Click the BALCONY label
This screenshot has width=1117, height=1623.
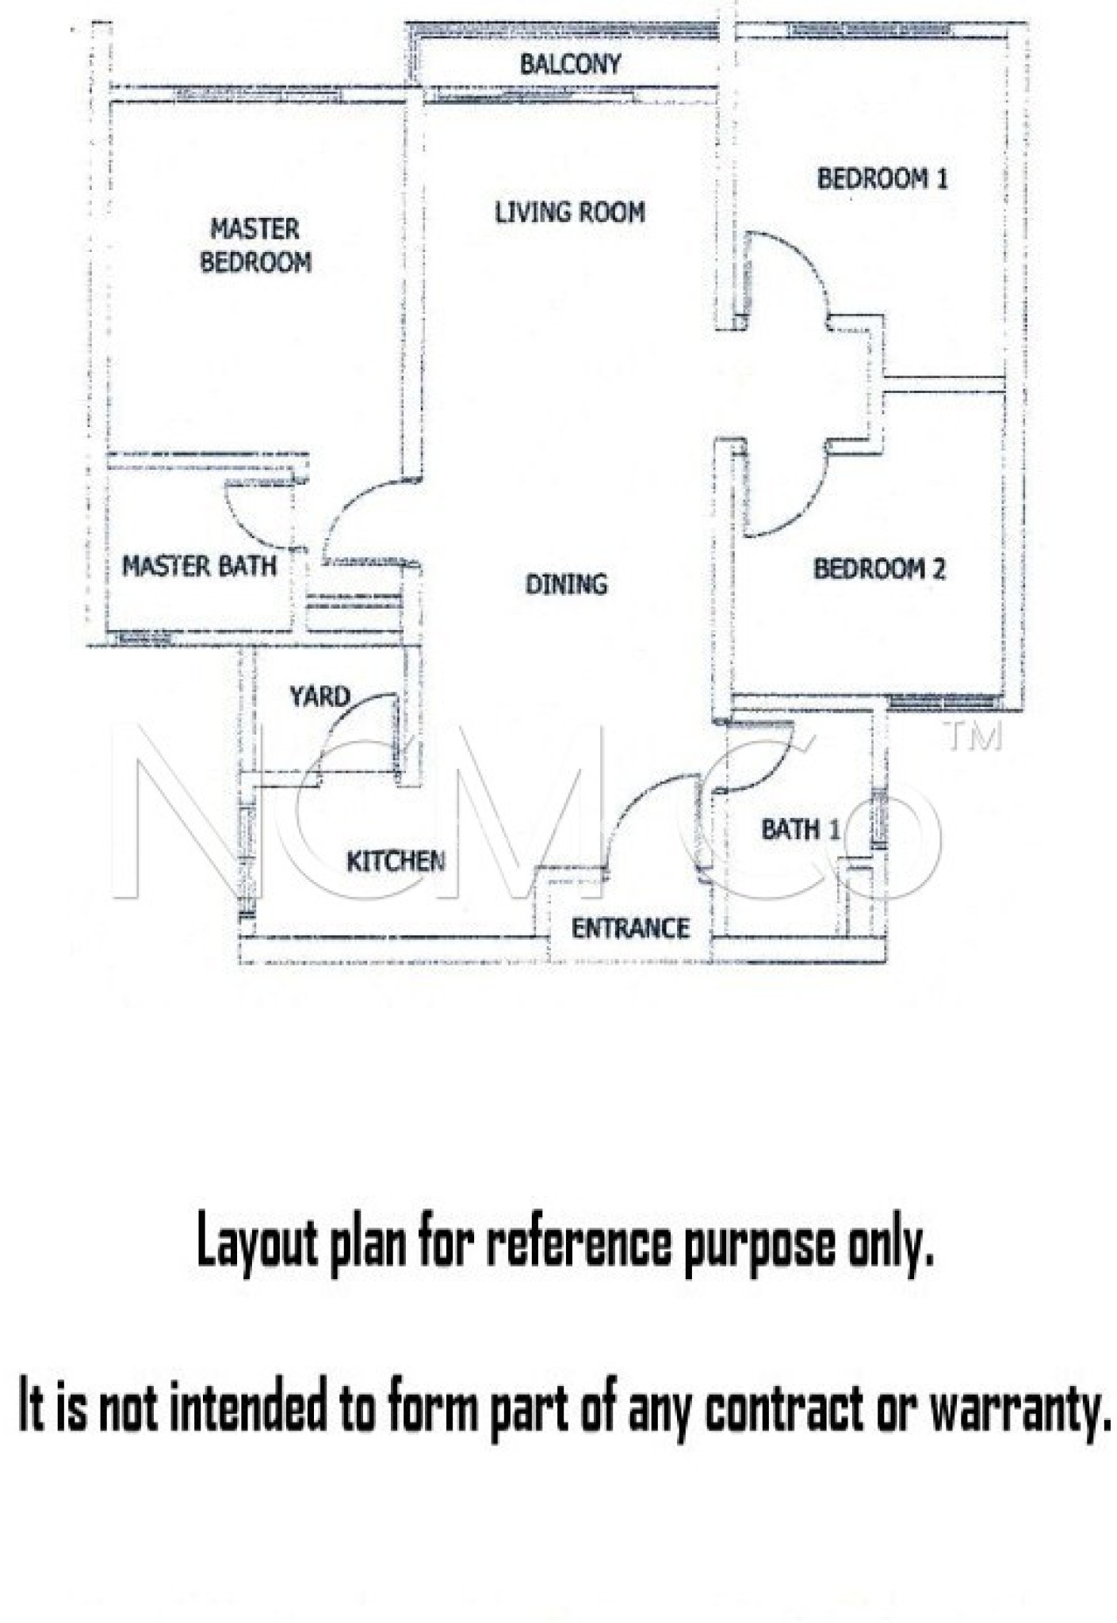pos(570,64)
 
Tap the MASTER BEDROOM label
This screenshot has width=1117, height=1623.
pos(255,246)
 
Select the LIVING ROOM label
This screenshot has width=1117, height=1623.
pos(570,212)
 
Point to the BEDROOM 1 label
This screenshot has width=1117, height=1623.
pos(882,178)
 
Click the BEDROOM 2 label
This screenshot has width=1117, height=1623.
pos(879,569)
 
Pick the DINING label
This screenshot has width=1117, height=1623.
pos(566,584)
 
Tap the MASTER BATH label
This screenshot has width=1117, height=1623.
pos(199,566)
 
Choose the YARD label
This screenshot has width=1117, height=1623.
pos(319,697)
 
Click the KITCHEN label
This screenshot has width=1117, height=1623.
pos(396,861)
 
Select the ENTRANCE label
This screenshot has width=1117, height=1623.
pos(630,928)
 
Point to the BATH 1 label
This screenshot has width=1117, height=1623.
pos(800,830)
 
